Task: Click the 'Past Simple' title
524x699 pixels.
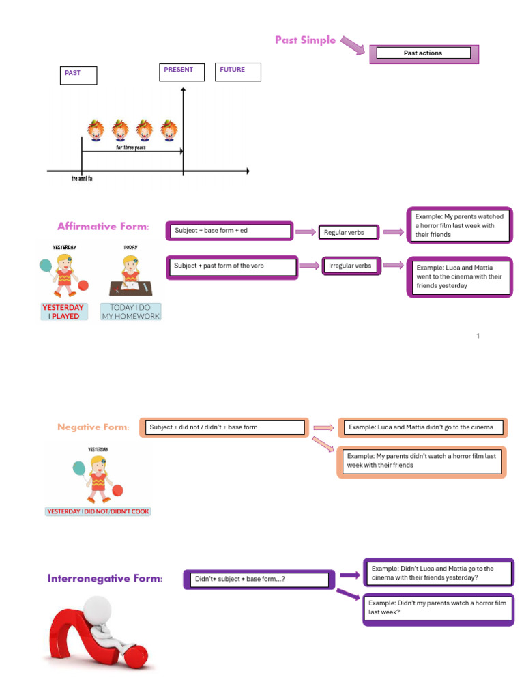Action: tap(305, 40)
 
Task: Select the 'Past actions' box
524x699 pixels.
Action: tap(423, 53)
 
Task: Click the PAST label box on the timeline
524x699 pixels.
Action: tap(78, 74)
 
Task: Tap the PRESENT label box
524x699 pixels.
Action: tap(182, 72)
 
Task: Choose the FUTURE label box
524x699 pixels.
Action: tap(238, 72)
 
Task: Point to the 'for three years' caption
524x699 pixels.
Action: tap(131, 147)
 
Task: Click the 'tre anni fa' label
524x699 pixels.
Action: tap(82, 179)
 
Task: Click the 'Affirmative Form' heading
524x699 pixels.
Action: tap(103, 227)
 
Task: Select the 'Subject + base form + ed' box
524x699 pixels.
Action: tap(230, 231)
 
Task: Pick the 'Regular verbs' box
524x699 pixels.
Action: tap(348, 233)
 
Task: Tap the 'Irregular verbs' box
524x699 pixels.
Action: tap(349, 266)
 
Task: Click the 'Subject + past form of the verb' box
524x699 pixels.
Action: tap(232, 266)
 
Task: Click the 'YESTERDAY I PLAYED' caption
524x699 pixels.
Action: tap(63, 312)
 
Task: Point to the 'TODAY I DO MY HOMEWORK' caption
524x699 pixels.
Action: tap(130, 312)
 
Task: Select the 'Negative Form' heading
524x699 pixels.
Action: tap(93, 427)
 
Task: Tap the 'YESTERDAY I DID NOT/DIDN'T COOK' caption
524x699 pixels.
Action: tap(98, 511)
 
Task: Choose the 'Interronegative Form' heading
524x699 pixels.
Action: tap(105, 579)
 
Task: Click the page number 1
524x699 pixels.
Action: tap(478, 336)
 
